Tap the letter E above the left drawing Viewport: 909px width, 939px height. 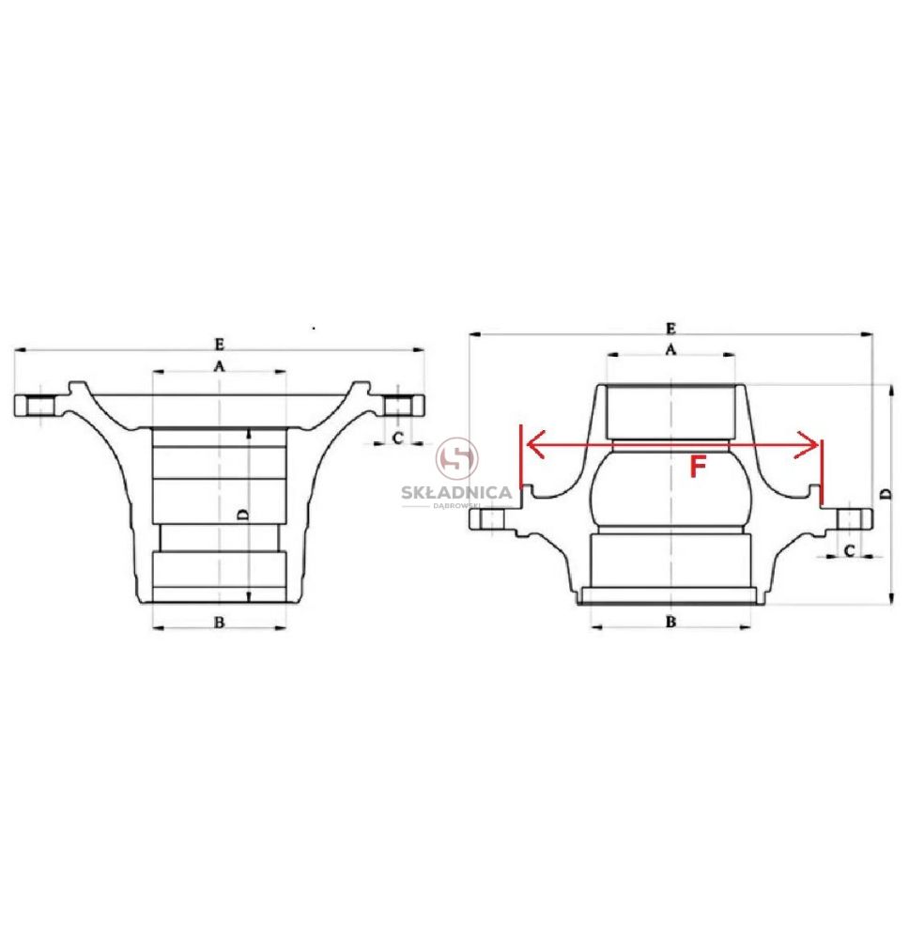pos(219,345)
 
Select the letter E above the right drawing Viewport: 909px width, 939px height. pos(670,328)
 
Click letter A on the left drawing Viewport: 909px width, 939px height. pos(219,365)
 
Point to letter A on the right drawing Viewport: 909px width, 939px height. pos(670,348)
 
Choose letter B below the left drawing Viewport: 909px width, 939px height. pos(219,623)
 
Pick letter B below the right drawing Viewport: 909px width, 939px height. pos(670,622)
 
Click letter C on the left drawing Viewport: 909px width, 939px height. pos(397,439)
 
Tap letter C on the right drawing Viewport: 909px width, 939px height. pos(849,550)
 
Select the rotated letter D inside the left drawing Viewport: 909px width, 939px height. pos(242,515)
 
